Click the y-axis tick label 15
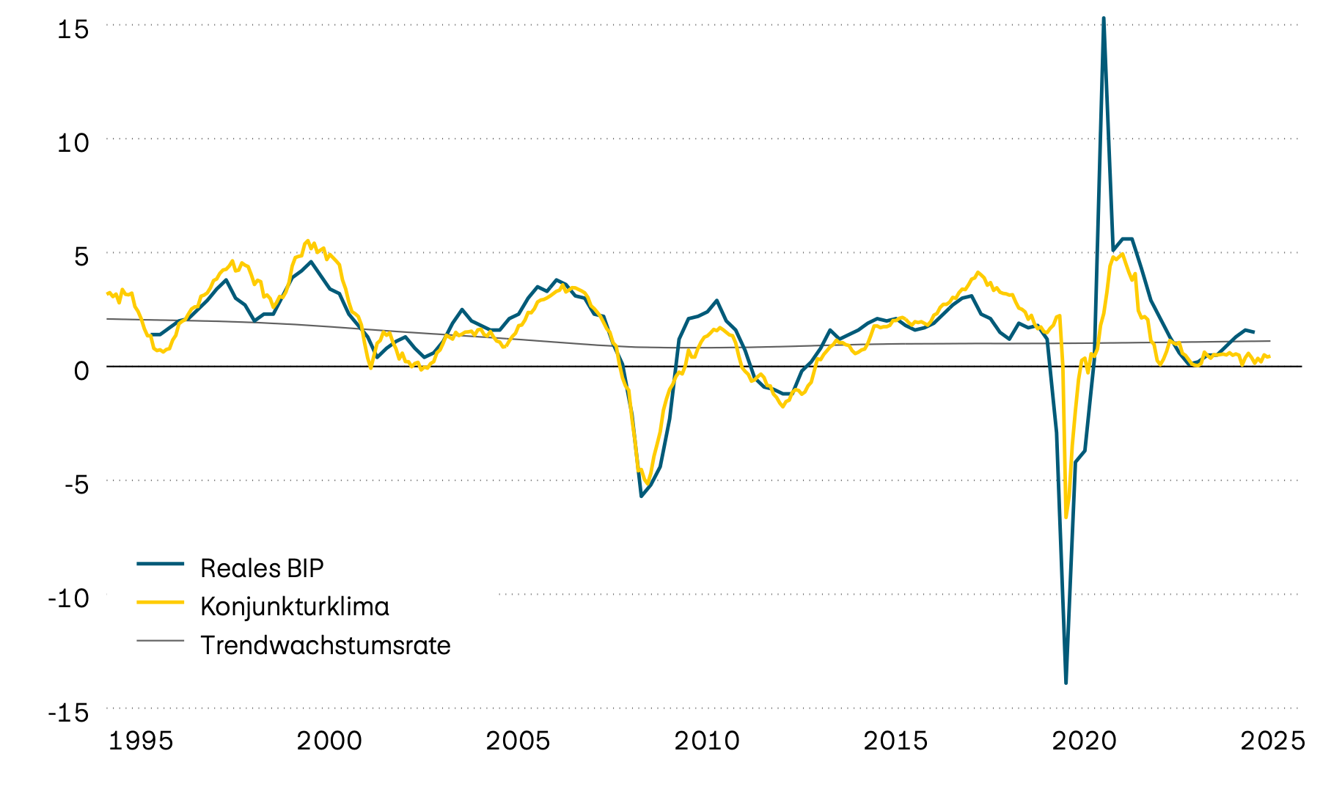[x=73, y=29]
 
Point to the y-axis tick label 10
[x=73, y=143]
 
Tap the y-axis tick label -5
[x=70, y=484]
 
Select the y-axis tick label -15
[x=68, y=712]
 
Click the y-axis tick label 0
[x=81, y=370]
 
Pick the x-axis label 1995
[x=141, y=741]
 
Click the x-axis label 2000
[x=329, y=741]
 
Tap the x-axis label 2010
[x=707, y=741]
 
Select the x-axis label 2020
[x=1084, y=741]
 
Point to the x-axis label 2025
[x=1272, y=741]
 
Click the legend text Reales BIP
[x=262, y=568]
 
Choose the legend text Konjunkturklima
[x=295, y=606]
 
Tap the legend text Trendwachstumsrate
[x=326, y=645]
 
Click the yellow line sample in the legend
[x=160, y=602]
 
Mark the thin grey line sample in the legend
[x=160, y=641]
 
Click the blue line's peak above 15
[x=1104, y=18]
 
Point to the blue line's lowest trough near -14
[x=1066, y=683]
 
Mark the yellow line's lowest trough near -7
[x=1066, y=517]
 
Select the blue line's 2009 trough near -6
[x=641, y=496]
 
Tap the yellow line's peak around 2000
[x=308, y=241]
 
